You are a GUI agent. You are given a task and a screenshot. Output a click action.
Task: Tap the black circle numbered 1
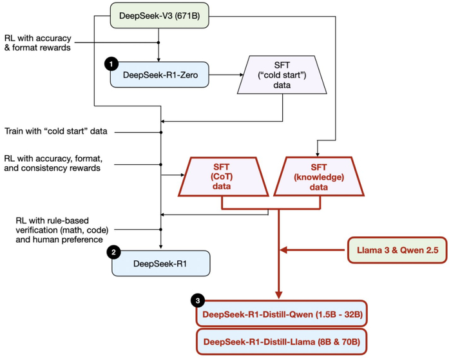pos(111,65)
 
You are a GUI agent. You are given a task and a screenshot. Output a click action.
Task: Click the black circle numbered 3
pos(198,301)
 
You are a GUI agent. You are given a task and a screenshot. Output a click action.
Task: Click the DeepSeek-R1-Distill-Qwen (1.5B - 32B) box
pos(282,314)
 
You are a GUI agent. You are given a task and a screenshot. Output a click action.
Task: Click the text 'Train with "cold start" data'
pos(56,132)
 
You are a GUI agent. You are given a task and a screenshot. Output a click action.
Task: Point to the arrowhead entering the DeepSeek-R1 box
pos(161,248)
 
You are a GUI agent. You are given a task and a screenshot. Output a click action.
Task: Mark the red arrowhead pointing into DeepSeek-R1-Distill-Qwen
pos(279,296)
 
